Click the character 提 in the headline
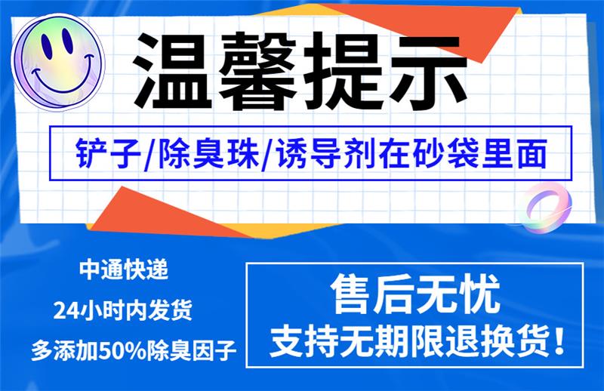(342, 71)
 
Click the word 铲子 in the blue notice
(108, 153)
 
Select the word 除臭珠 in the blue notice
(209, 153)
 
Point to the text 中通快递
(124, 269)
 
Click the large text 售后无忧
(414, 294)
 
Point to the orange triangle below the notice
(162, 213)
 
